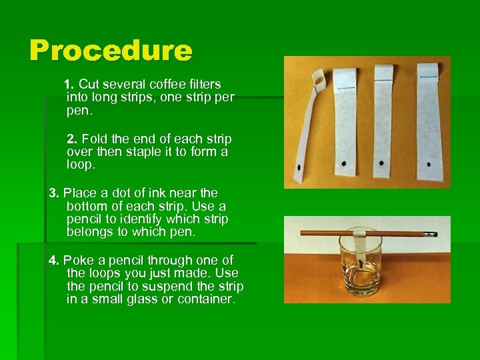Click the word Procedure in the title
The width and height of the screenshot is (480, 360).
click(111, 51)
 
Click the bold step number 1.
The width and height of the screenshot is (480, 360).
click(67, 85)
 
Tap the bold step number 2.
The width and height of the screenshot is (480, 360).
click(72, 139)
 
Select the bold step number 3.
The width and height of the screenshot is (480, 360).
click(54, 193)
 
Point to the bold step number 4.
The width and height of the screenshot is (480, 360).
click(54, 261)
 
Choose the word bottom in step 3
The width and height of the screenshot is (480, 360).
click(87, 207)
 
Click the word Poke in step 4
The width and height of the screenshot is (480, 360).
click(77, 261)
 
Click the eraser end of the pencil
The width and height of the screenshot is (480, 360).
click(431, 234)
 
